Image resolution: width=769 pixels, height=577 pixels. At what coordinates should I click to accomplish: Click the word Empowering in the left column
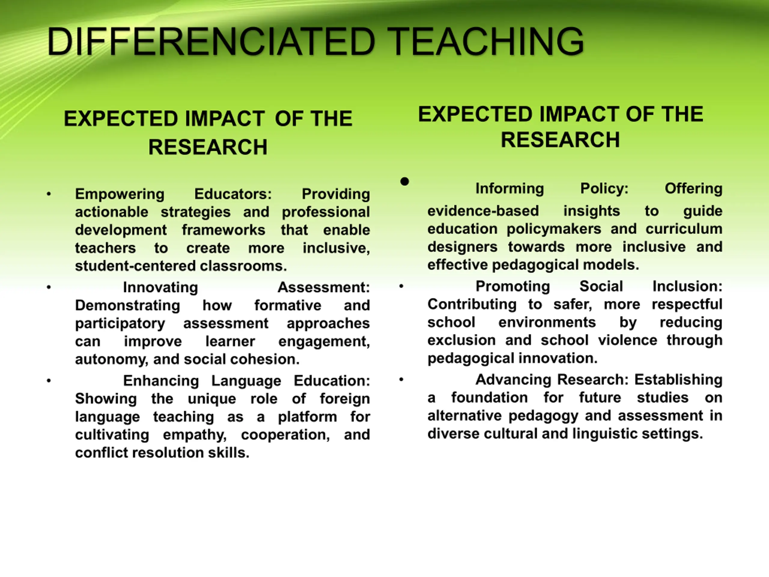pyautogui.click(x=120, y=194)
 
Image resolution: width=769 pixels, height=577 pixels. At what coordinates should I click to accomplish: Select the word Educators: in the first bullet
pyautogui.click(x=233, y=194)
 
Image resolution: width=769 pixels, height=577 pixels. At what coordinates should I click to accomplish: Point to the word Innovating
pyautogui.click(x=161, y=288)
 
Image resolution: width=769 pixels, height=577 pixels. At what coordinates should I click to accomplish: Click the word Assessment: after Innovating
pyautogui.click(x=324, y=287)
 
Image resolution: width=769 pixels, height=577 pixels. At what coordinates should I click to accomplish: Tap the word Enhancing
pyautogui.click(x=161, y=381)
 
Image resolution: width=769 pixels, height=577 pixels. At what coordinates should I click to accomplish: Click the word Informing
pyautogui.click(x=510, y=189)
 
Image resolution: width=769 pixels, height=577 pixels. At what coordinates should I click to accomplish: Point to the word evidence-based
pyautogui.click(x=483, y=211)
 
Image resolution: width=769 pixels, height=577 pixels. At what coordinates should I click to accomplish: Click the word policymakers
pyautogui.click(x=554, y=229)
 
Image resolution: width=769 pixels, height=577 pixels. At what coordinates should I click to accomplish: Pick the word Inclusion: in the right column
pyautogui.click(x=687, y=286)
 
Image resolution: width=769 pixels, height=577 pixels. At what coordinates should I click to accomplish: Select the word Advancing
pyautogui.click(x=513, y=380)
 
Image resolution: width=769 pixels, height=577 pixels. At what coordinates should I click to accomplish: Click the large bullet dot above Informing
pyautogui.click(x=404, y=181)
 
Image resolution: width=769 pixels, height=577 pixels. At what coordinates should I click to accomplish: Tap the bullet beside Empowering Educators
pyautogui.click(x=49, y=194)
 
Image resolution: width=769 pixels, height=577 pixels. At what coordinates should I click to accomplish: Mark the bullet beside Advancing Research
pyautogui.click(x=401, y=380)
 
